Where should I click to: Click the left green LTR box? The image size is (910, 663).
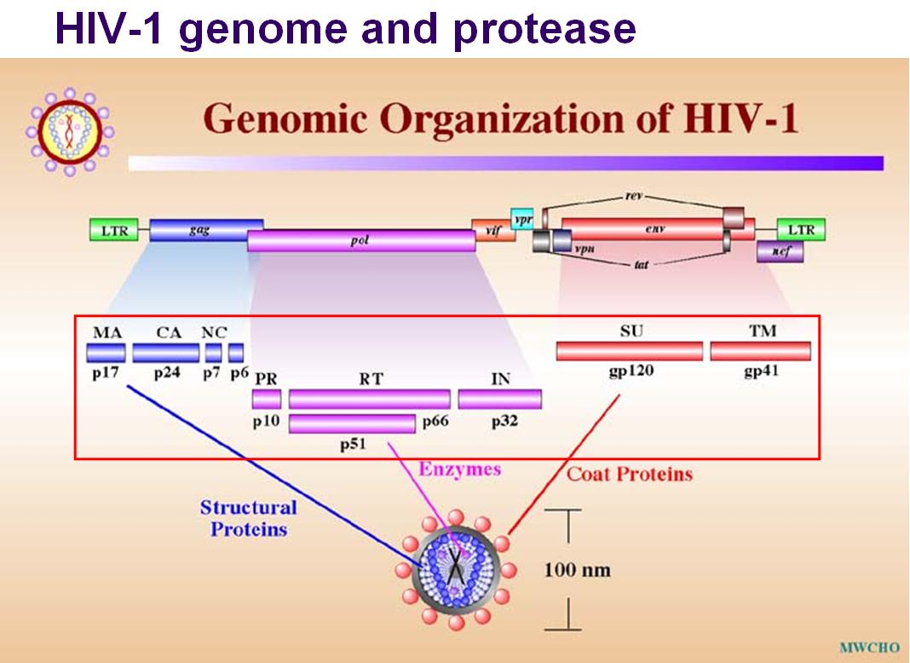click(114, 230)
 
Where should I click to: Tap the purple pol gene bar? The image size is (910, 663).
click(361, 241)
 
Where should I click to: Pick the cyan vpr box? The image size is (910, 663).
click(521, 219)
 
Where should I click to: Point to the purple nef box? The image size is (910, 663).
click(779, 251)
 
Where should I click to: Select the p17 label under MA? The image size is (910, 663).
click(105, 373)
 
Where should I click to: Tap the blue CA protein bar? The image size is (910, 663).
click(165, 353)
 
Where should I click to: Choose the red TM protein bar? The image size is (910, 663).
click(760, 350)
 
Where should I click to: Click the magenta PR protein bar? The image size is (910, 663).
click(266, 399)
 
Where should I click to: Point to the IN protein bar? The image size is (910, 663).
click(499, 399)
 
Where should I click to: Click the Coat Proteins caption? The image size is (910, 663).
click(629, 473)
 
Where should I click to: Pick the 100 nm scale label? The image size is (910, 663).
click(577, 569)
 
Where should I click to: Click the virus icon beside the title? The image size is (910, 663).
click(70, 131)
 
